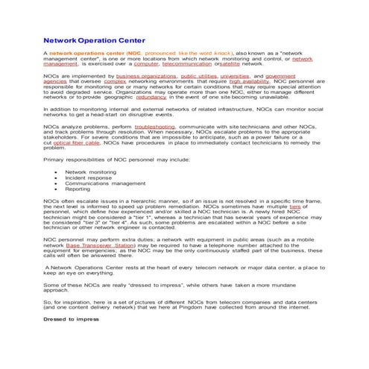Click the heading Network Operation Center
pos(95,40)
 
